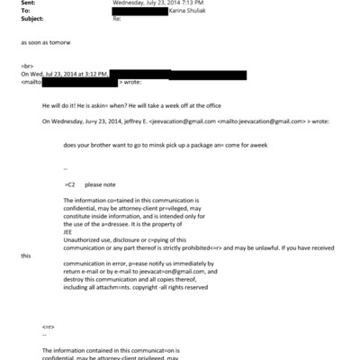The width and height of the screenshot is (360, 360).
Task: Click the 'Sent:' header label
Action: (27, 3)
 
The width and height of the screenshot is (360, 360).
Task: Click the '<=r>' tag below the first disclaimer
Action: (49, 327)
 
